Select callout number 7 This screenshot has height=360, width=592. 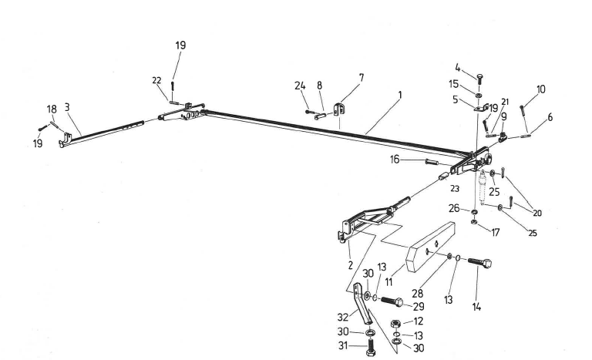tap(361, 78)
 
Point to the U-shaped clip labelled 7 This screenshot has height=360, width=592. tap(338, 110)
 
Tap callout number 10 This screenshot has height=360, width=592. tap(540, 89)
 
